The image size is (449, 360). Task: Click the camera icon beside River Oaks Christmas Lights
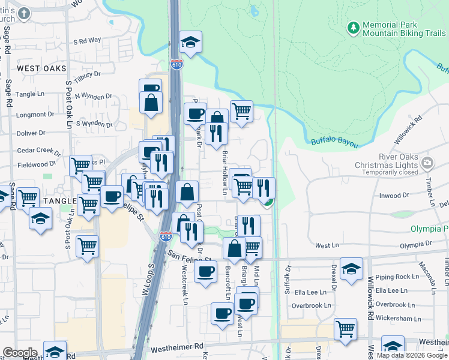(x=427, y=162)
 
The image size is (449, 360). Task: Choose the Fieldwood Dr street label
(x=36, y=164)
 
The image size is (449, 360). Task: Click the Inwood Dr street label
(x=394, y=195)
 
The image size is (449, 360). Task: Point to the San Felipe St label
(x=191, y=257)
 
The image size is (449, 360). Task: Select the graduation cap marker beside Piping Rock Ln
(x=351, y=269)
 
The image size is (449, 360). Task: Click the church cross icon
(x=23, y=13)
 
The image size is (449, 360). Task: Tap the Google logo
(x=20, y=353)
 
